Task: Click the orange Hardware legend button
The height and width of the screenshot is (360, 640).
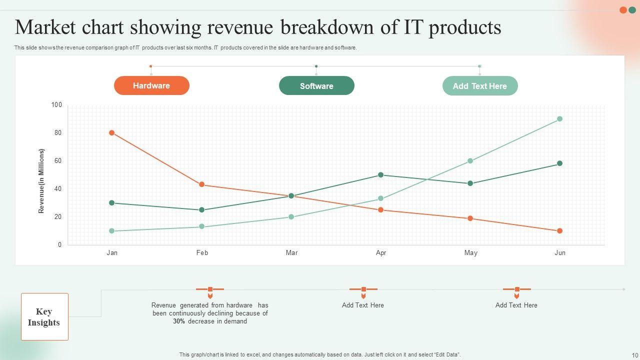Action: tap(151, 85)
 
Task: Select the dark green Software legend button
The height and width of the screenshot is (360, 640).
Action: tap(316, 86)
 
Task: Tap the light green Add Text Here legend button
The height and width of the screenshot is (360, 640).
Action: tap(480, 86)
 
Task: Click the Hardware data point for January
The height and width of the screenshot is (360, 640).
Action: tap(111, 133)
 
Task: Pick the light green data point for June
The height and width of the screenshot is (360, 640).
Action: tap(559, 119)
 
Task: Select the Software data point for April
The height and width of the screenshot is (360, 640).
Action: tap(380, 175)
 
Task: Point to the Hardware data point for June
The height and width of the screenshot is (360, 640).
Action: tap(559, 231)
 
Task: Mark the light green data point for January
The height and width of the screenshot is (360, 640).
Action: tap(111, 231)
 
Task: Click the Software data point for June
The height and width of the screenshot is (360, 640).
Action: tap(559, 163)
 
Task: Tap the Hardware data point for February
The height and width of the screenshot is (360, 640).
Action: tap(201, 184)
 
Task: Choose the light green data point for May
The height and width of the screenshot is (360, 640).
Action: tap(470, 161)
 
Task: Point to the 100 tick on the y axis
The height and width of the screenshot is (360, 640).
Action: tap(56, 105)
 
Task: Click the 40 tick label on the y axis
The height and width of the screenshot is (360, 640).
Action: tap(58, 189)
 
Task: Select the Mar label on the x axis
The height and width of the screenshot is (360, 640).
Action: tap(291, 253)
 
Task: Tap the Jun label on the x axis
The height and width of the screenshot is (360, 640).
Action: tap(560, 253)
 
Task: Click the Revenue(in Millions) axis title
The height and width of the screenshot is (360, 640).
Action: tap(41, 181)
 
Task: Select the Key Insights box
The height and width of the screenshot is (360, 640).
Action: tap(44, 317)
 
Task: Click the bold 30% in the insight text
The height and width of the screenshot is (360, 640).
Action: tap(179, 321)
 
